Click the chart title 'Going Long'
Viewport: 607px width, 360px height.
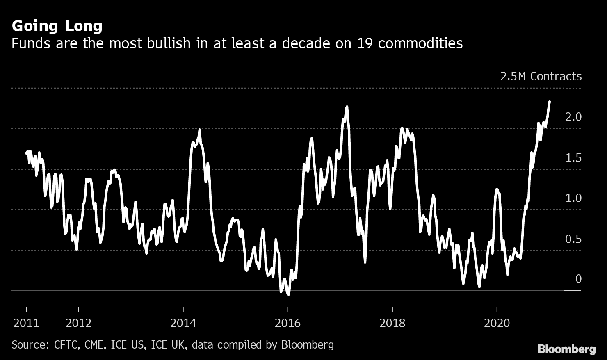(x=57, y=26)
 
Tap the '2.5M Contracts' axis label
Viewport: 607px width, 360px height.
(x=541, y=76)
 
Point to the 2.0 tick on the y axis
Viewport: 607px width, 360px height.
(x=573, y=117)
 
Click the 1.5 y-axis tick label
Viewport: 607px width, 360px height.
(x=573, y=158)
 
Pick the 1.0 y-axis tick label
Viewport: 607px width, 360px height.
(x=573, y=198)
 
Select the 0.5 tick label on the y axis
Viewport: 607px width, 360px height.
(x=573, y=239)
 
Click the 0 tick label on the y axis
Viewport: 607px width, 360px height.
(x=578, y=279)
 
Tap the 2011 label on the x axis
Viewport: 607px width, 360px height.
(x=26, y=324)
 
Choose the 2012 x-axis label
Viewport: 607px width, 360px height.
(x=78, y=324)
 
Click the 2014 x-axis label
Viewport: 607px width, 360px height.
(x=183, y=324)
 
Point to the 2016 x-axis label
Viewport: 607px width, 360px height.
(x=288, y=324)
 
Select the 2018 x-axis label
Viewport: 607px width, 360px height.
(x=392, y=324)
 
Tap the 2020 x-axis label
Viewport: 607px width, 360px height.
(x=497, y=324)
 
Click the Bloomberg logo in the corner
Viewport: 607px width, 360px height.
(x=566, y=349)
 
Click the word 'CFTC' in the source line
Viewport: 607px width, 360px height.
(x=66, y=345)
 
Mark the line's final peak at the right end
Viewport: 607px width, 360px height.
(x=549, y=102)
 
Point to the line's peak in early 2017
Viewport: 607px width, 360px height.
(x=347, y=107)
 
